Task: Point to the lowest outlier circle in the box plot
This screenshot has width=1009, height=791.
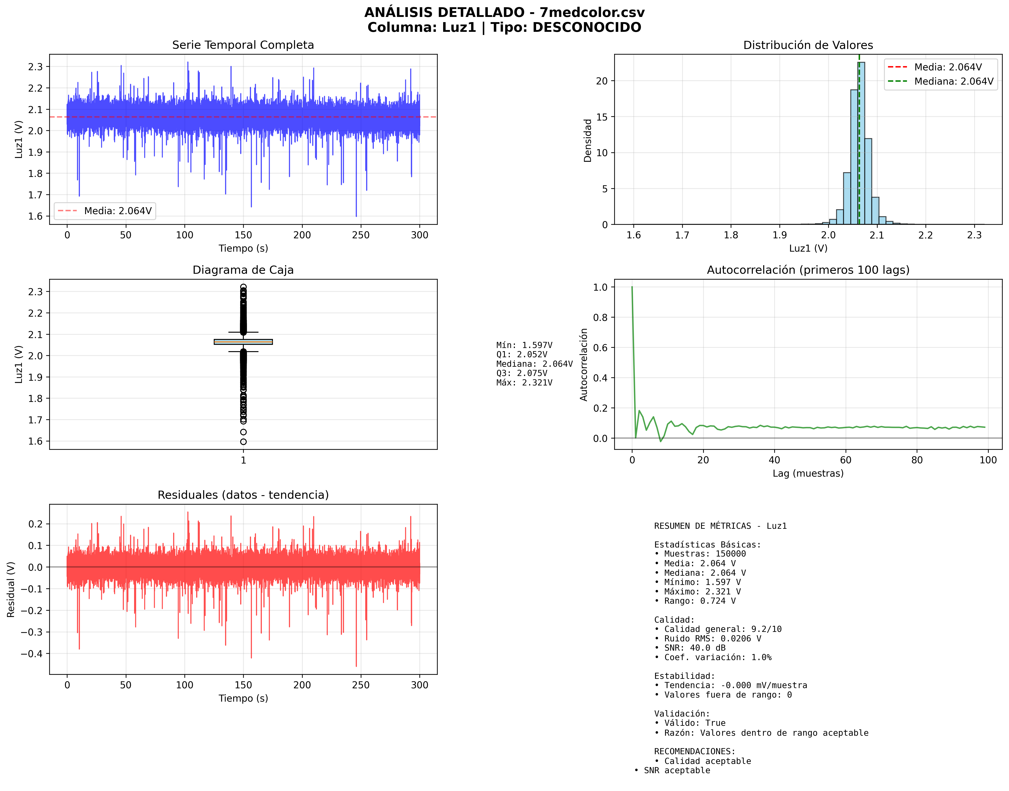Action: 243,442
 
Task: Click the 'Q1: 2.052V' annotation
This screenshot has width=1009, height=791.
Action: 522,354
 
